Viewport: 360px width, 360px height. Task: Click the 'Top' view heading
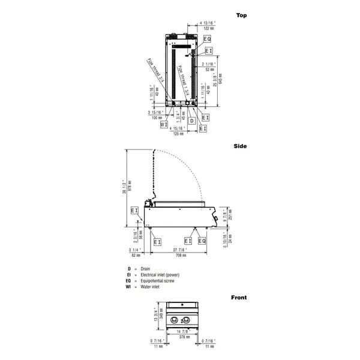point(241,15)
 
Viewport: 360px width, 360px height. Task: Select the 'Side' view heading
point(241,146)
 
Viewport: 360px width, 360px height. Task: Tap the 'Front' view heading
point(239,297)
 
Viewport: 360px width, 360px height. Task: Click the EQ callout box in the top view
point(207,38)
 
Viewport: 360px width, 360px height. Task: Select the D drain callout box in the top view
point(191,121)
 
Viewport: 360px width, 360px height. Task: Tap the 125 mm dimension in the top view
point(178,134)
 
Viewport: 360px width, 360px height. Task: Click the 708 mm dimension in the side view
point(180,256)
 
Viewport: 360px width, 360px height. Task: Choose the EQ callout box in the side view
point(202,241)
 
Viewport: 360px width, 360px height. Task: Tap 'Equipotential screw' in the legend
point(157,281)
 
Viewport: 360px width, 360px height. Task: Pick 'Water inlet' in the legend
point(149,287)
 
